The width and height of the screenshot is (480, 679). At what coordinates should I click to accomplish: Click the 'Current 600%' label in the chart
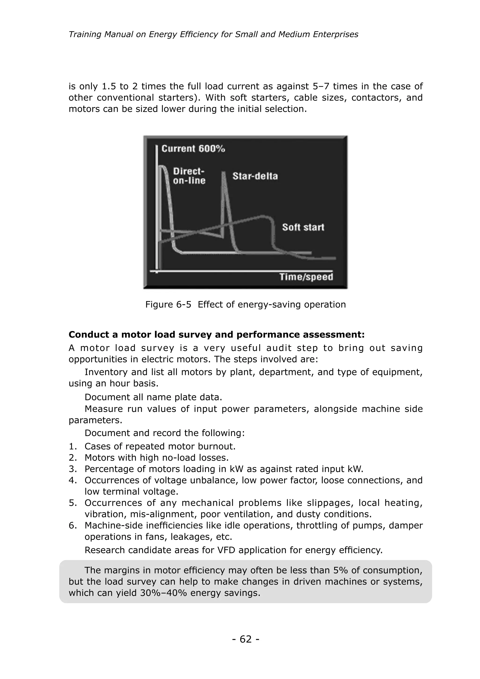pos(193,148)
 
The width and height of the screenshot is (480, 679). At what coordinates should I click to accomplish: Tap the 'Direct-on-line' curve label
pos(189,176)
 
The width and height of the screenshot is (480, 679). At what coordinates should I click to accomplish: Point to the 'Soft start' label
pos(303,227)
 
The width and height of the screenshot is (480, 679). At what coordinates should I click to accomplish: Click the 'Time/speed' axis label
pos(306,277)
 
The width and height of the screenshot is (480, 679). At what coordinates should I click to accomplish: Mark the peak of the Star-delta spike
pos(224,173)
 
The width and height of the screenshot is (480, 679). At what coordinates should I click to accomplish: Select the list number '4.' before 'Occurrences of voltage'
pos(73,480)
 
